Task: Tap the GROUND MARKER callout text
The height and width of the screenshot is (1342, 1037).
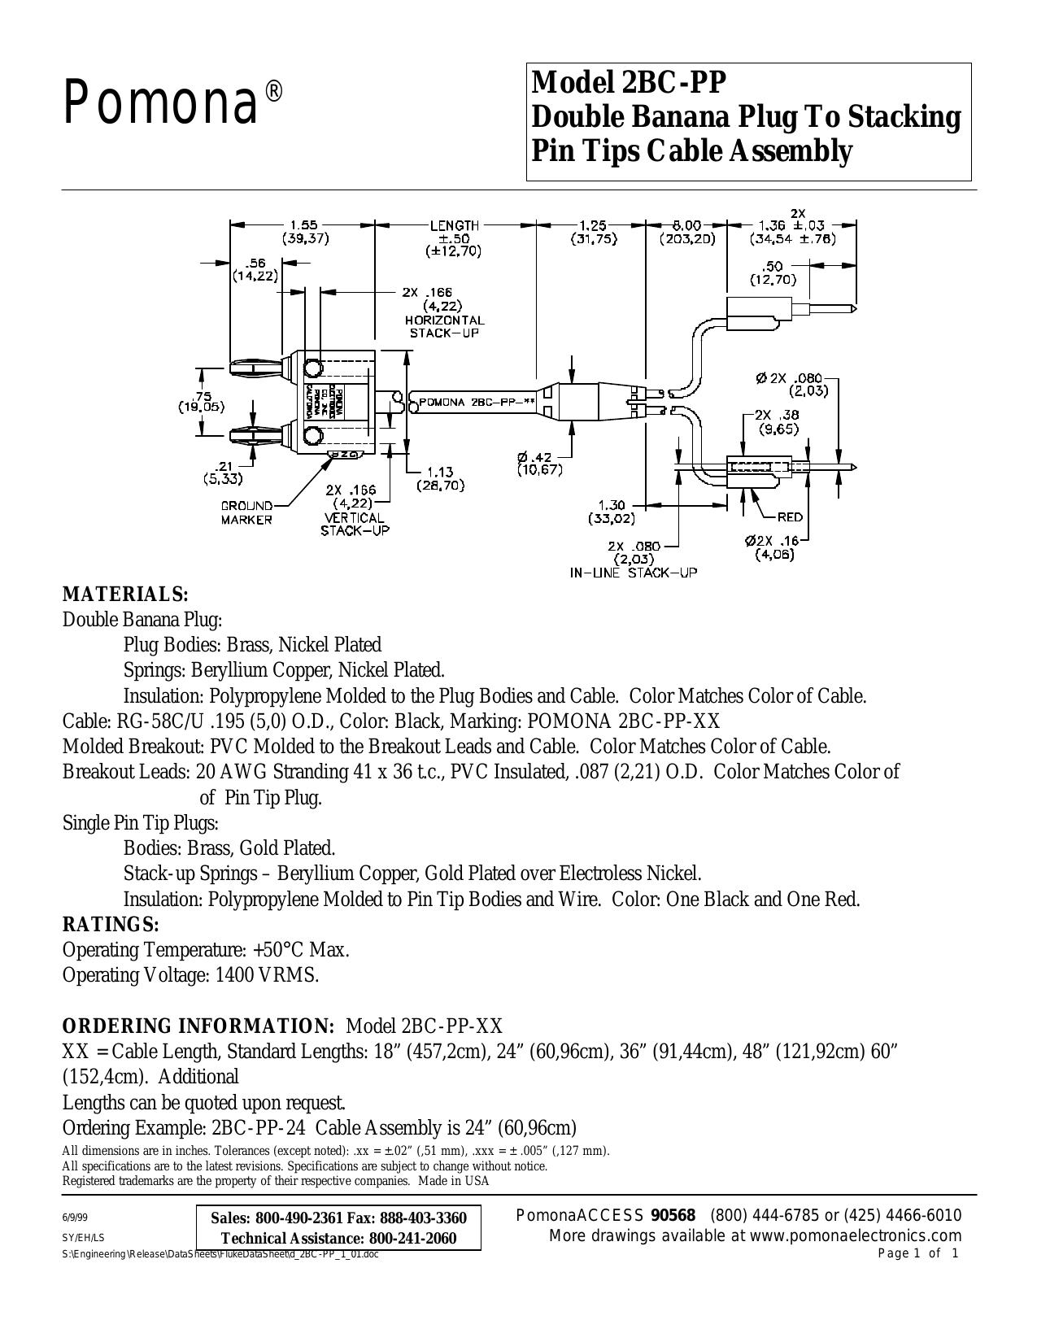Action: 246,512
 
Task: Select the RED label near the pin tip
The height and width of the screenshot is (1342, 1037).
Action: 790,517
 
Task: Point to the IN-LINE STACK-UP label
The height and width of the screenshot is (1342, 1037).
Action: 633,573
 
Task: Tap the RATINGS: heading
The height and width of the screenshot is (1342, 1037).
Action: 111,925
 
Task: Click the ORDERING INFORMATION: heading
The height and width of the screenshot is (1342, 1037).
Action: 198,1026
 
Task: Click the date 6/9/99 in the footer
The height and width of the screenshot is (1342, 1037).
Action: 73,1216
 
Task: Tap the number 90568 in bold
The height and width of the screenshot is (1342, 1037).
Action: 673,1215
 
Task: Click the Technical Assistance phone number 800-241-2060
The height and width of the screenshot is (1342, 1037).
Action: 412,1238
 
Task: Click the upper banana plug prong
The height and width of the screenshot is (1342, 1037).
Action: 255,368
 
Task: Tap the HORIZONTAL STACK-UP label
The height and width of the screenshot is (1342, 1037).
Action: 445,327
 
